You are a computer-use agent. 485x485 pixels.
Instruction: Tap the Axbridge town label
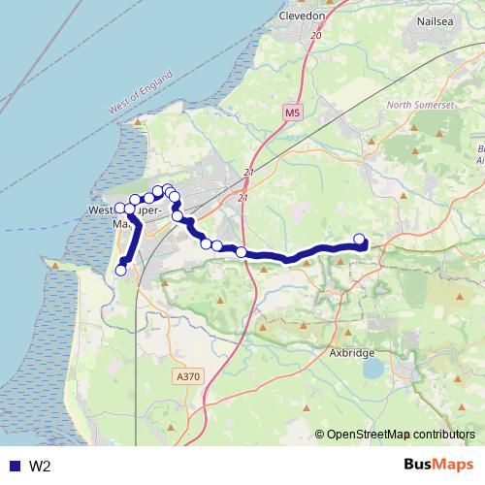click(x=351, y=353)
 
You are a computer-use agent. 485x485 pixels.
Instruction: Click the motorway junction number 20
click(x=316, y=36)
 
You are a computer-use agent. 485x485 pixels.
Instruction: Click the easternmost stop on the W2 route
click(x=360, y=240)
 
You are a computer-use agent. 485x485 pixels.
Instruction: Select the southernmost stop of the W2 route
click(x=121, y=271)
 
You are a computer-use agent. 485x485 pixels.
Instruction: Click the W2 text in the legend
click(x=40, y=467)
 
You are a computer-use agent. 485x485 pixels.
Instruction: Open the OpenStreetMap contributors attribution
click(x=401, y=435)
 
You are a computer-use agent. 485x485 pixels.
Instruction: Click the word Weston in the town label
click(x=104, y=210)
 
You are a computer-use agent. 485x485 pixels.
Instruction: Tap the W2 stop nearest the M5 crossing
click(x=241, y=252)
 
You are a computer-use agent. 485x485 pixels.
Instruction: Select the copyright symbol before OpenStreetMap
click(x=320, y=435)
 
